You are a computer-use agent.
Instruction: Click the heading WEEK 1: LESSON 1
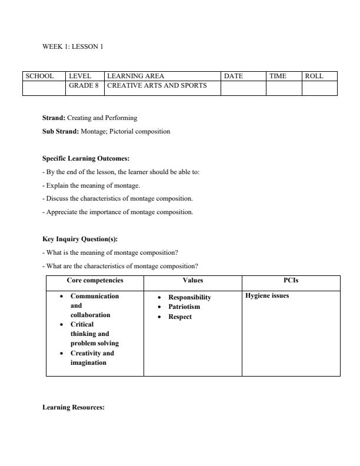point(72,46)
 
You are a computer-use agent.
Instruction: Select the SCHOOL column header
point(39,76)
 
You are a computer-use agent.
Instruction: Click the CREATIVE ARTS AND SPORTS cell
point(156,85)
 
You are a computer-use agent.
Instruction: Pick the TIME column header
point(278,76)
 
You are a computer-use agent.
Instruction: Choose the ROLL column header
point(314,76)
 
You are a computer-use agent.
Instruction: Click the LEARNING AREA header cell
point(136,76)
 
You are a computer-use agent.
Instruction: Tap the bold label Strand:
point(54,118)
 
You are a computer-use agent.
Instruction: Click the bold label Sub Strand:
point(61,131)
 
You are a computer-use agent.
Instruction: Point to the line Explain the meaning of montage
point(91,185)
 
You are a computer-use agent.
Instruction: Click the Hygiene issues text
point(266,296)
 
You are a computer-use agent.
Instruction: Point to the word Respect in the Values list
point(180,317)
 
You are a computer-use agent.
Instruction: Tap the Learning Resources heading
point(74,407)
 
